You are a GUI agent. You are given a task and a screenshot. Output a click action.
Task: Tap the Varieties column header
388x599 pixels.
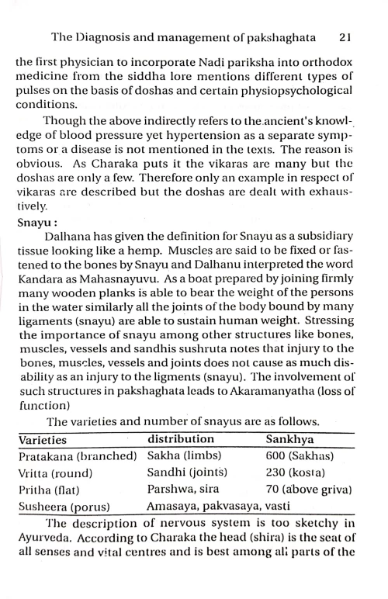click(42, 439)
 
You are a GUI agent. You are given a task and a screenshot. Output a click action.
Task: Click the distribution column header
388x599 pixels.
click(181, 439)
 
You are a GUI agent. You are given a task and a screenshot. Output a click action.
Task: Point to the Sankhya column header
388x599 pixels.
click(288, 439)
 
